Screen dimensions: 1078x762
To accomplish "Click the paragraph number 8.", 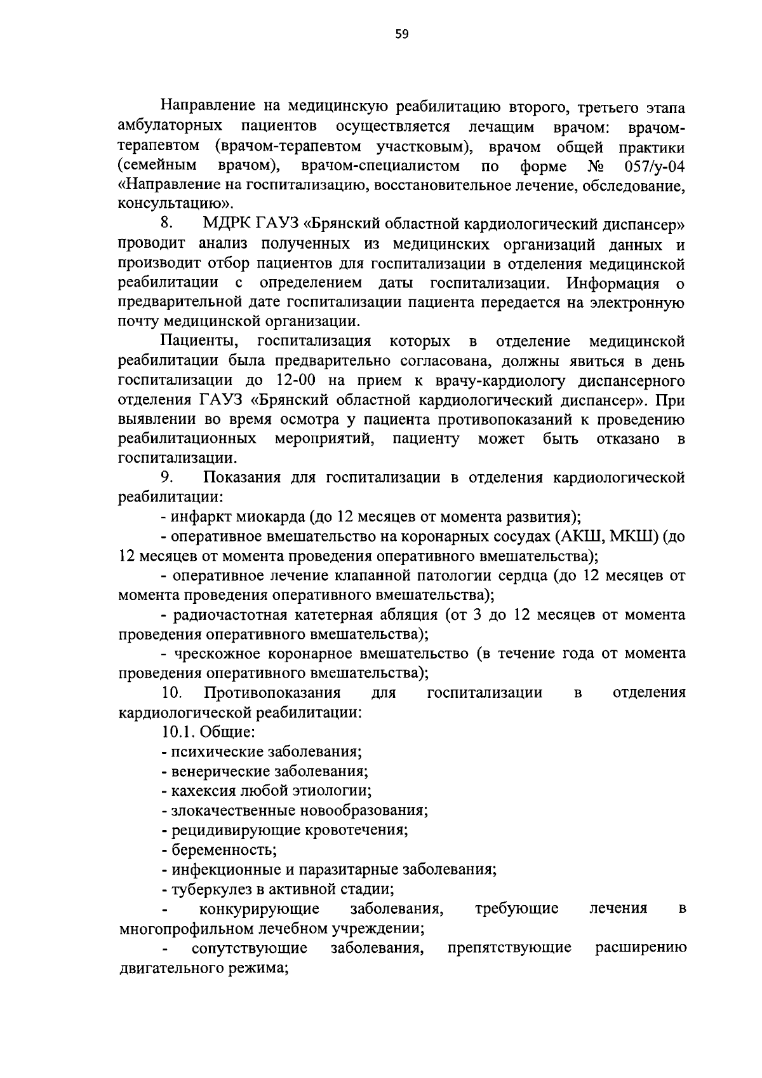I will (x=167, y=224).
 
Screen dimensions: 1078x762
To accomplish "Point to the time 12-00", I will (x=298, y=381).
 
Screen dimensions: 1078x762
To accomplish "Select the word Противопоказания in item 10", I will (x=272, y=692).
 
